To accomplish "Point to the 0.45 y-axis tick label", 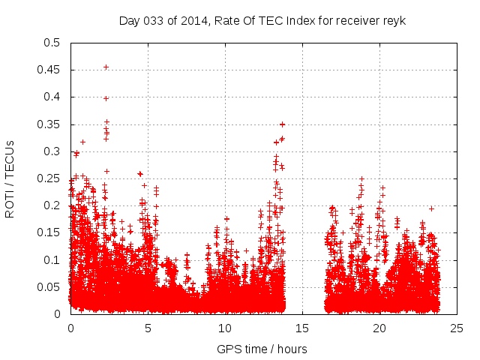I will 50,70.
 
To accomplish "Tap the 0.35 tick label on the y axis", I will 50,124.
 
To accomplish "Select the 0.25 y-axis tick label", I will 50,178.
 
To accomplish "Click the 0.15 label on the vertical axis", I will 50,232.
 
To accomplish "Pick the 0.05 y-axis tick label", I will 50,287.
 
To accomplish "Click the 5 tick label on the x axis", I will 148,328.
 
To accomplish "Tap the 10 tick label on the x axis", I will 225,328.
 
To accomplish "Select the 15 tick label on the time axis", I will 303,328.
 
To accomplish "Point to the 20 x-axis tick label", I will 380,328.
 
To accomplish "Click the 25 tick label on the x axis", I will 457,328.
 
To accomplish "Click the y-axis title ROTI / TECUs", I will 10,178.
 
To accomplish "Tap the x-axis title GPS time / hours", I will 262,349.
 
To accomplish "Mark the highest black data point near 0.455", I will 106,67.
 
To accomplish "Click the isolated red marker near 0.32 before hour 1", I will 82,142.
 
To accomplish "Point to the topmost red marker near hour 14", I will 282,124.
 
